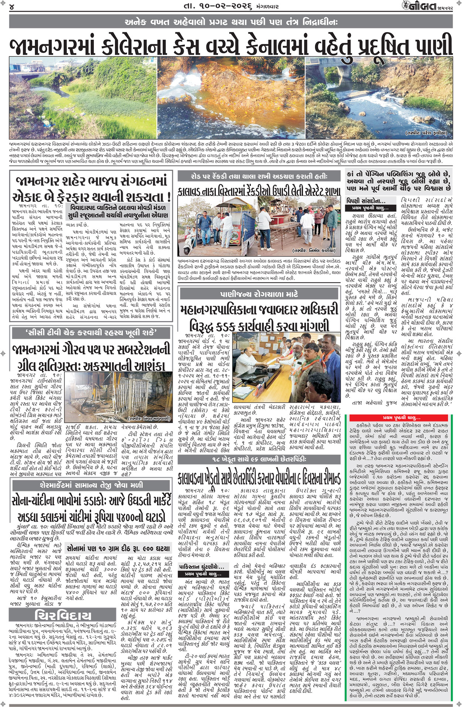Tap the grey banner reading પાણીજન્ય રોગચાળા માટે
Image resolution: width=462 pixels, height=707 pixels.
[259, 294]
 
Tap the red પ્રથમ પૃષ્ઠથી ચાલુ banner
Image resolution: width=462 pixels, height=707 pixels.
[401, 418]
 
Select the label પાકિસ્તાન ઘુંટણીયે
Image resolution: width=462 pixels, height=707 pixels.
[201, 567]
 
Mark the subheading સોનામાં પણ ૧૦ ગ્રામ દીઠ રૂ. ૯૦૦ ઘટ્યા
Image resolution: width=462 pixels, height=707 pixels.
[118, 548]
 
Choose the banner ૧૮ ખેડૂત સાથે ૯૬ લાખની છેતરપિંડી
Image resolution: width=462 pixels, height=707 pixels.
[259, 459]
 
